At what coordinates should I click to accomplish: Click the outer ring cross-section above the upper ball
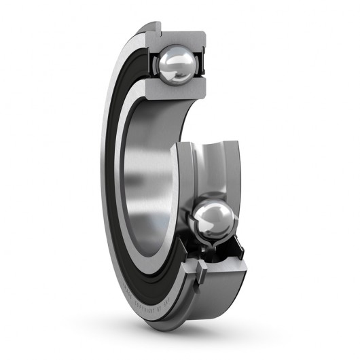180,37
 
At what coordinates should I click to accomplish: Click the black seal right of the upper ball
201,66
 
